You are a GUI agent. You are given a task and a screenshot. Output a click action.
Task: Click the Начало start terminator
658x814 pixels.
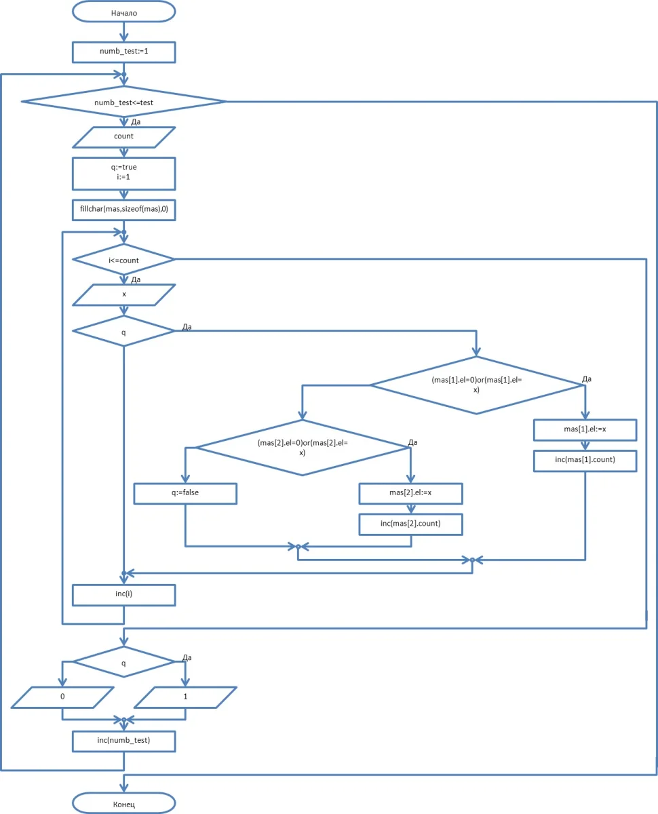click(x=123, y=12)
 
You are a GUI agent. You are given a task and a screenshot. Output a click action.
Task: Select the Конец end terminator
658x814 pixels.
click(x=123, y=804)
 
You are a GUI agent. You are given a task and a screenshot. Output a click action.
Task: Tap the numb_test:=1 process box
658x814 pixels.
click(x=123, y=52)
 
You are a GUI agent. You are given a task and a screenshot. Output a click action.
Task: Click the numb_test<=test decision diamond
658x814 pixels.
click(x=123, y=102)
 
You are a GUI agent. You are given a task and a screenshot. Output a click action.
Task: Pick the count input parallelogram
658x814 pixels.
click(x=123, y=136)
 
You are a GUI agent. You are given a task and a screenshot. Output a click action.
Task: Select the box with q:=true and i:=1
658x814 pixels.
click(x=123, y=174)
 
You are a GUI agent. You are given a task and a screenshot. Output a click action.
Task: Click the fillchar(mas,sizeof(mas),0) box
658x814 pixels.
click(x=123, y=210)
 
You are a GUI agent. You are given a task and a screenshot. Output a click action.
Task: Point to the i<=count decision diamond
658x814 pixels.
click(x=123, y=259)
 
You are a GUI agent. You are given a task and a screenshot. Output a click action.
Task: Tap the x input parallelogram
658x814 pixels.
click(x=123, y=295)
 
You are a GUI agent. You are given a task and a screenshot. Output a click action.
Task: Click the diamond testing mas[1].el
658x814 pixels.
click(x=476, y=385)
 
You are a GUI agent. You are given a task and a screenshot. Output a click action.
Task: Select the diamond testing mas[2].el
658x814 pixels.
click(x=302, y=447)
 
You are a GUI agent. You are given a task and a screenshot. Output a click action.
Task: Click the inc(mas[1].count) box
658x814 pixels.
click(x=585, y=461)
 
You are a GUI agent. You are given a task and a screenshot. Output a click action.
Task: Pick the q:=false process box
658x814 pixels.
click(x=185, y=493)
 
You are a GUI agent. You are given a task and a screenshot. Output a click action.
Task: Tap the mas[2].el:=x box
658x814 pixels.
click(x=410, y=493)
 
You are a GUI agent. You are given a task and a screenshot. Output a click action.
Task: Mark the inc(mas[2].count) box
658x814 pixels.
click(x=410, y=524)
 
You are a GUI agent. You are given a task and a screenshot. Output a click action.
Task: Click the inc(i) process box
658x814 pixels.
click(x=123, y=595)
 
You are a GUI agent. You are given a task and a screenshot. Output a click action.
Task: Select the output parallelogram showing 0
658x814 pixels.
click(x=62, y=697)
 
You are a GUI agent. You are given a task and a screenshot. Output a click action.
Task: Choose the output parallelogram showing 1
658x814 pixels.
click(x=185, y=697)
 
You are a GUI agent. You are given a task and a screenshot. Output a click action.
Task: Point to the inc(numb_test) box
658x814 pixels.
click(x=123, y=741)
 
